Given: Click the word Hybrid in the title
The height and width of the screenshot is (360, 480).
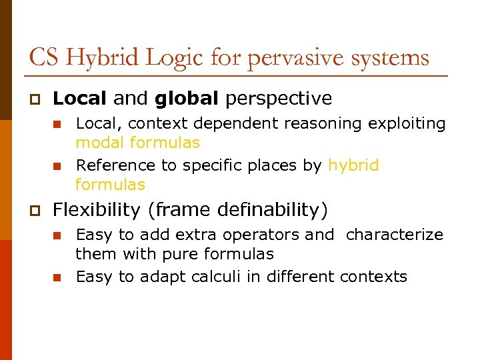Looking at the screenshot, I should coord(101,58).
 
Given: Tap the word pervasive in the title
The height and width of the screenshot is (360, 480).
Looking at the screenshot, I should coord(293,58).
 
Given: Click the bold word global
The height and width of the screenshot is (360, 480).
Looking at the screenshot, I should coord(187,99).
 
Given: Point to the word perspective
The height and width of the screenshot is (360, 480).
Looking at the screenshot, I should coord(279,99).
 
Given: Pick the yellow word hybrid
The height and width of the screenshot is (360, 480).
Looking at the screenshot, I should coord(353,165).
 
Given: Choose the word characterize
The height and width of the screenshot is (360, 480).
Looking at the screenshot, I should coord(395,235).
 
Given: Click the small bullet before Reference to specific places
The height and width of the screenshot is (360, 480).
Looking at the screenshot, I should coord(57,166).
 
